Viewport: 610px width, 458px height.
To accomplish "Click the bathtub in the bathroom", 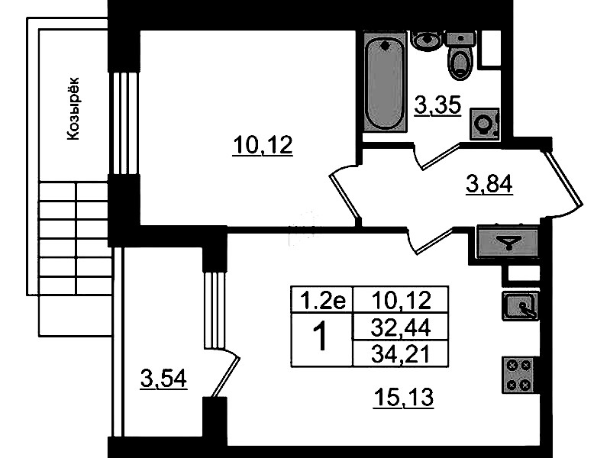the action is [386, 82].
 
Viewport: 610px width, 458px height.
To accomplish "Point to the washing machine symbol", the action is [484, 124].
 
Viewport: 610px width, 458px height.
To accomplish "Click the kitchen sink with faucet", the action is [521, 306].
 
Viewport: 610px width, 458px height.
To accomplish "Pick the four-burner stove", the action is [520, 375].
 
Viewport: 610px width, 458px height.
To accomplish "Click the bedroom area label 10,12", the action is [263, 146].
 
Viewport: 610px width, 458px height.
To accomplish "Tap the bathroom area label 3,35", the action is [438, 105].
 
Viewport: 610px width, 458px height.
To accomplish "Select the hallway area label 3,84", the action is [489, 184].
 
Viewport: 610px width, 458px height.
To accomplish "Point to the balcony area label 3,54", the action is [164, 379].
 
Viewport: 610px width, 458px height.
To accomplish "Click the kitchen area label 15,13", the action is [403, 398].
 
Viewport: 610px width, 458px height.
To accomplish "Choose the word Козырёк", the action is [73, 108].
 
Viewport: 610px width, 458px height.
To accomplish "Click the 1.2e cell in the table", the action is [322, 300].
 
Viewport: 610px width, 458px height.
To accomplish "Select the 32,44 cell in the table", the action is [401, 327].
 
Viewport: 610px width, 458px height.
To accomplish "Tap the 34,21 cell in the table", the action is [401, 354].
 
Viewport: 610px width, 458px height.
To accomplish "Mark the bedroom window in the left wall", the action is [124, 123].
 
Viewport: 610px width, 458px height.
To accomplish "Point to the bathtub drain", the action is [386, 46].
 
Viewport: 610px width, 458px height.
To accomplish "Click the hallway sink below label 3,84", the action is [508, 242].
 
